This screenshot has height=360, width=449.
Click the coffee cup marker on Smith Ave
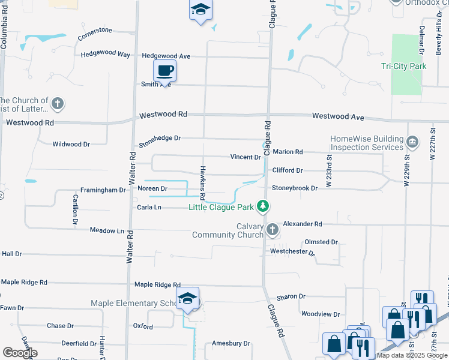click(164, 71)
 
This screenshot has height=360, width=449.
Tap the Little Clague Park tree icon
click(262, 206)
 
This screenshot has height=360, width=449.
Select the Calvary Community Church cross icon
click(272, 229)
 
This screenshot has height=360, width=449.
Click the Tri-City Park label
click(403, 66)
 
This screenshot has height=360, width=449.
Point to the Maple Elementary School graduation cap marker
click(188, 298)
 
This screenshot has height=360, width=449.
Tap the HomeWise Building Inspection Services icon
click(412, 142)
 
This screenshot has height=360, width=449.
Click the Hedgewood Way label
click(106, 54)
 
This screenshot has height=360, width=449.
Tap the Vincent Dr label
click(246, 157)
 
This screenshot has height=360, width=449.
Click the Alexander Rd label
click(303, 224)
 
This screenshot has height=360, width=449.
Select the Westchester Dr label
click(292, 252)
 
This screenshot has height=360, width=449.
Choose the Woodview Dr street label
click(320, 314)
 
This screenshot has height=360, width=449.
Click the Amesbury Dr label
click(231, 343)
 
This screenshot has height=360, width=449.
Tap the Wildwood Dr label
click(71, 144)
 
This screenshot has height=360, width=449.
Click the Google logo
click(20, 352)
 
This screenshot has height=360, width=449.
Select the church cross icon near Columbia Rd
click(58, 104)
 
